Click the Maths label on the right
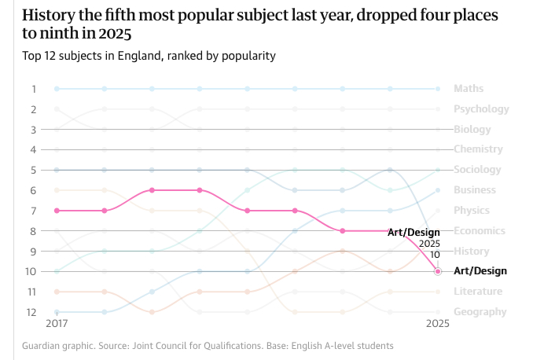pos(469,89)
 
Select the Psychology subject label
pos(481,109)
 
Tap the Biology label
pos(472,130)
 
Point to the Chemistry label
pos(478,149)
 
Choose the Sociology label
pos(477,170)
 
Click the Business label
pos(475,190)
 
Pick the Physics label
pos(472,211)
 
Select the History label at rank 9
pos(472,252)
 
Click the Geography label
pos(480,312)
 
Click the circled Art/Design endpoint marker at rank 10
pos(438,271)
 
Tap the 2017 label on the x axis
pos(57,324)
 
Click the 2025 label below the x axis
pos(438,324)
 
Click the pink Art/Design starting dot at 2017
pos(57,211)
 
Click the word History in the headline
pos(47,16)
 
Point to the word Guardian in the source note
pos(43,346)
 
